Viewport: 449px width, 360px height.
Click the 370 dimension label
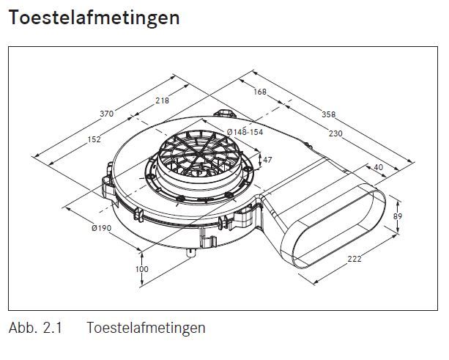tap(106, 114)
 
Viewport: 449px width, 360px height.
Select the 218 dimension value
tap(163, 100)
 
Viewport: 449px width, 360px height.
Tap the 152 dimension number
tap(94, 139)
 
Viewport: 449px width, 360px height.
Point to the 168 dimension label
tap(260, 92)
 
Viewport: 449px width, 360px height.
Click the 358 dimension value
tap(328, 114)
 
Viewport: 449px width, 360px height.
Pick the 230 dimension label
tap(335, 133)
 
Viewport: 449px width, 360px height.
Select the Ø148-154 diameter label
tap(245, 132)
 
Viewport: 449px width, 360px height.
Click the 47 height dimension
tap(267, 160)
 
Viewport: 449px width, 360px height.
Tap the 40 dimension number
tap(378, 167)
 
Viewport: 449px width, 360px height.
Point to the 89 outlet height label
tap(398, 216)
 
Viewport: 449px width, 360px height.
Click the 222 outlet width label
tap(355, 259)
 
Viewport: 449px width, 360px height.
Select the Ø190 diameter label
tap(101, 228)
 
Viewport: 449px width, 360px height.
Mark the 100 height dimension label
tap(142, 269)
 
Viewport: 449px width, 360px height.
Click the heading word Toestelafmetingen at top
tap(94, 18)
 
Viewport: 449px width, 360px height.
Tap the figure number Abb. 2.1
tap(35, 328)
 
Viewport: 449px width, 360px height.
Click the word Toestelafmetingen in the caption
tap(146, 328)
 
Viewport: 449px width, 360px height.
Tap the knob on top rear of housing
tap(226, 113)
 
